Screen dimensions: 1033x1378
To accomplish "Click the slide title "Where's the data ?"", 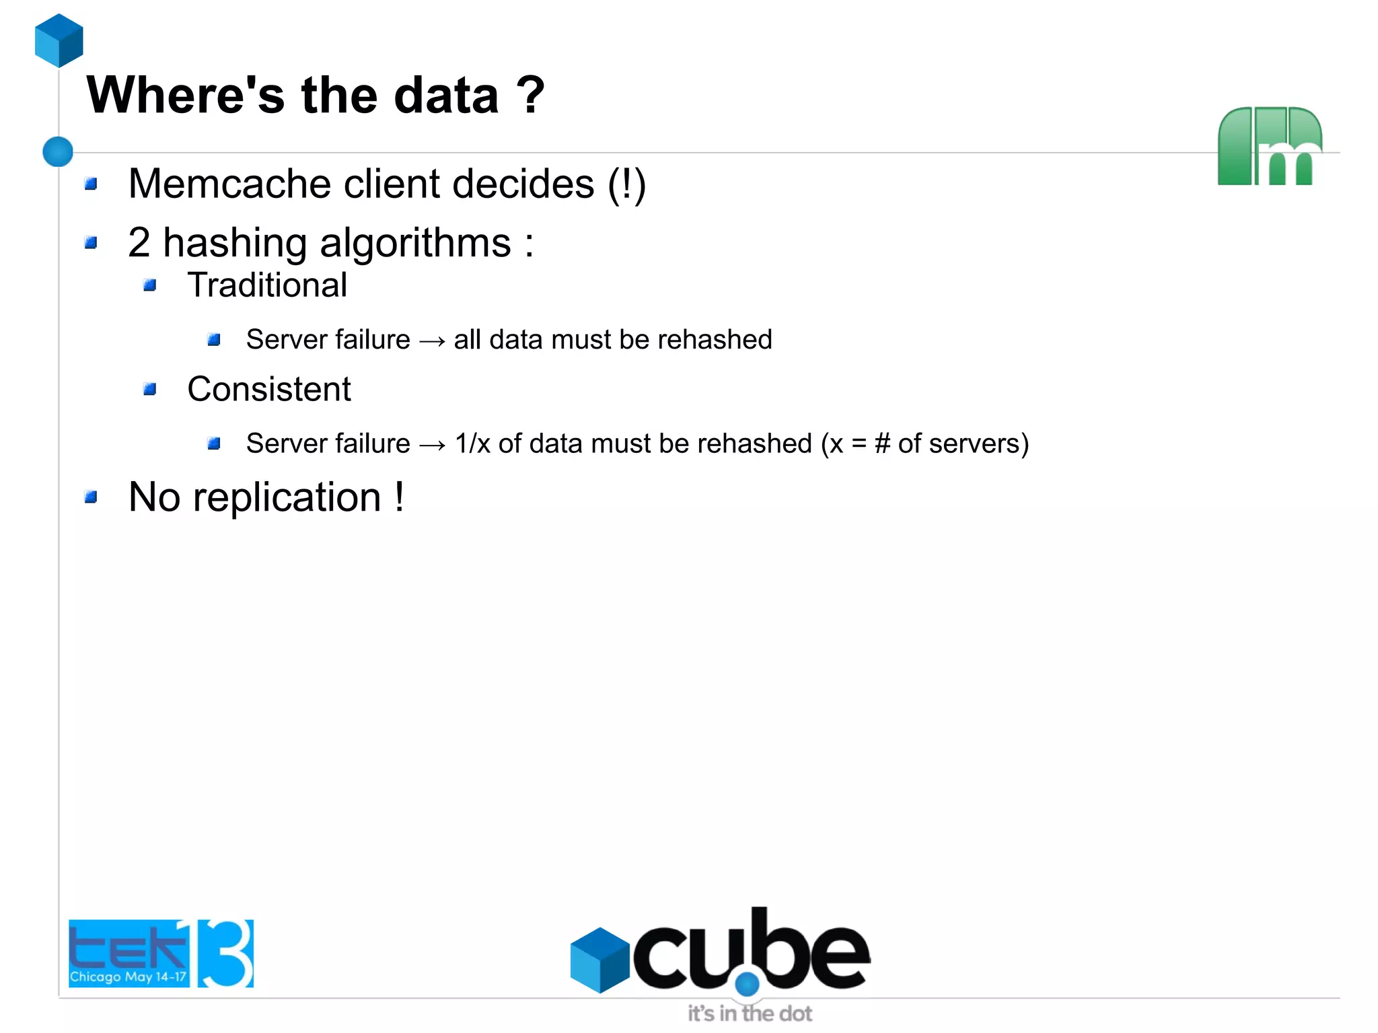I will pos(315,96).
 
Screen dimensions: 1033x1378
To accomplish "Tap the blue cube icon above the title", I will pos(59,40).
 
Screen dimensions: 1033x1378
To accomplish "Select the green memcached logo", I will pos(1269,146).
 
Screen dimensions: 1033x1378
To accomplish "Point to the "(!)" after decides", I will pos(626,185).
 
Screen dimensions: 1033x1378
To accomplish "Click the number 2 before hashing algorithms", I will pos(139,242).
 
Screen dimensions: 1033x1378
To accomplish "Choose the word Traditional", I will pos(267,285).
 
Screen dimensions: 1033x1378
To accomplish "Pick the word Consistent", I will pos(269,389).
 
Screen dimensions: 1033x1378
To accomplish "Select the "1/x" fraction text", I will pos(472,444).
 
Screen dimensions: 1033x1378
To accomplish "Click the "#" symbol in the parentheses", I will pos(882,444).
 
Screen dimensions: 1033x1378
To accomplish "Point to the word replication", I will pos(287,498).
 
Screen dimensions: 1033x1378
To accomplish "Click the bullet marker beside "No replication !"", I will pos(91,497).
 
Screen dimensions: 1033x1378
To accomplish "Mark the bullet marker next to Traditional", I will pos(150,286).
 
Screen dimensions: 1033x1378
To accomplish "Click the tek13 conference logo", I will pos(161,953).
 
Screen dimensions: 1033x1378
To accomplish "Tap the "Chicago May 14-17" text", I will pos(128,976).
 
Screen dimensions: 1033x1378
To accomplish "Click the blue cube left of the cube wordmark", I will pos(599,960).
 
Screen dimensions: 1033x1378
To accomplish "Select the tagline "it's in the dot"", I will pos(750,1013).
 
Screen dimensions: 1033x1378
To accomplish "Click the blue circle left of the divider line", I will pos(58,151).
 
